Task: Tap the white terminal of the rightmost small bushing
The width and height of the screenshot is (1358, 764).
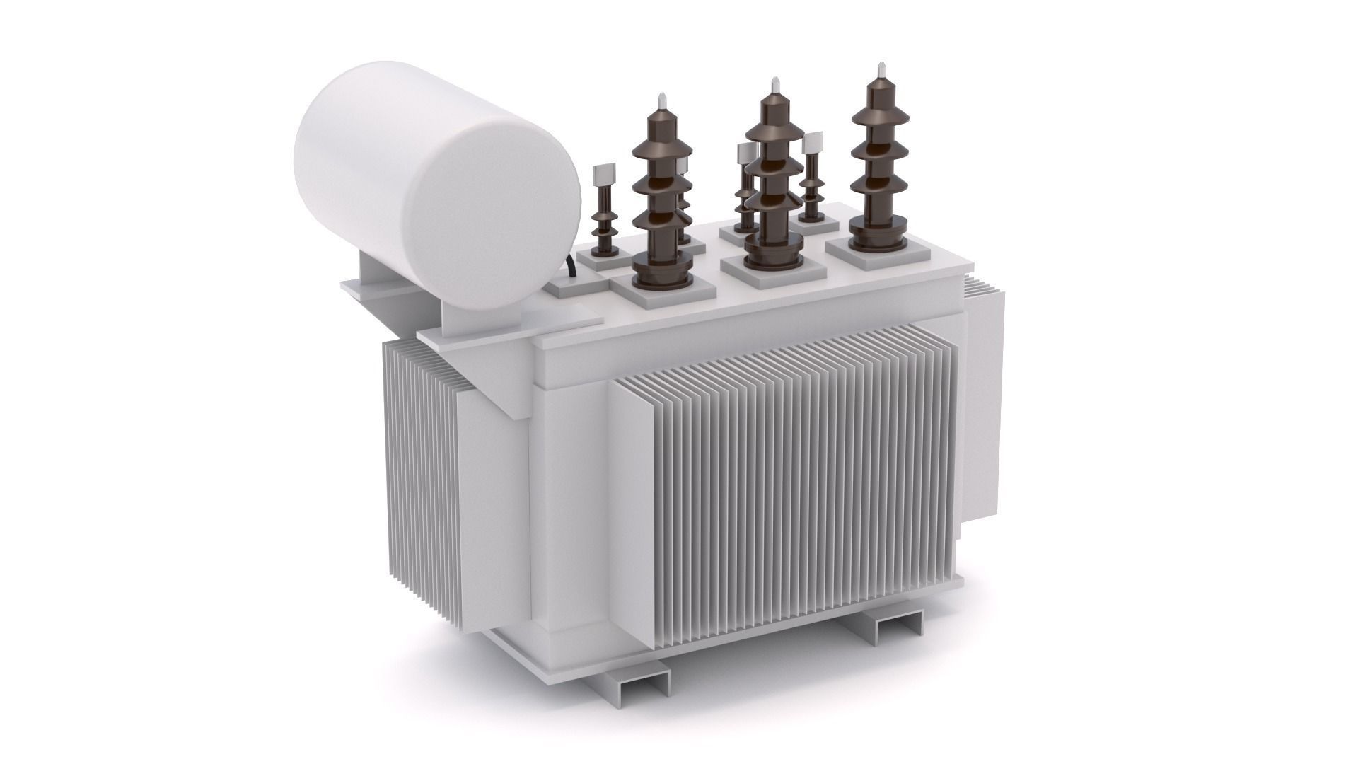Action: click(811, 143)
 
